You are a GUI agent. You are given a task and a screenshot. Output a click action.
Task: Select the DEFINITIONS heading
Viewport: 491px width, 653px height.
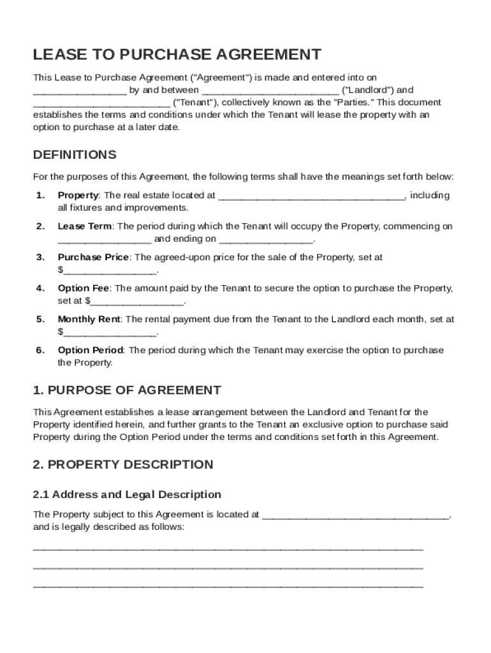(75, 155)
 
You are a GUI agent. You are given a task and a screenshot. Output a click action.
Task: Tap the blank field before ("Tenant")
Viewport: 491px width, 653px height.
(101, 103)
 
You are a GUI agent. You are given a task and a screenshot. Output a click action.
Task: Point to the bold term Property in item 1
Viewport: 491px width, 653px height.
(78, 195)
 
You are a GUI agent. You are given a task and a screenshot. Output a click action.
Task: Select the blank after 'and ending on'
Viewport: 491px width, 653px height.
(267, 240)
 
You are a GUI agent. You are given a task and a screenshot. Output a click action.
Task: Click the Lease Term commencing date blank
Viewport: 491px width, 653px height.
(105, 240)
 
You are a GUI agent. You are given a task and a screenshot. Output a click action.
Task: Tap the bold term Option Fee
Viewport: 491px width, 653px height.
(83, 288)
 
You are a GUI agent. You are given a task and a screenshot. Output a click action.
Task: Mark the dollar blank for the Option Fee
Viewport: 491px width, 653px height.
(137, 302)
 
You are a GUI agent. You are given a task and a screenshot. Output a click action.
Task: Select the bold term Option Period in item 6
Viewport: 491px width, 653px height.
(91, 350)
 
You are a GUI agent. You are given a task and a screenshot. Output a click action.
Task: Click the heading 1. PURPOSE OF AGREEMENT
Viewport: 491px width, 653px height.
(127, 390)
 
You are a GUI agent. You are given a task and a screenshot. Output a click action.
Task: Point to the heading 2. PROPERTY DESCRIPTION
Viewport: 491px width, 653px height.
(122, 464)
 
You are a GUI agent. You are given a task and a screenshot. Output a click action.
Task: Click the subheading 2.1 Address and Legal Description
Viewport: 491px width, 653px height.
(127, 494)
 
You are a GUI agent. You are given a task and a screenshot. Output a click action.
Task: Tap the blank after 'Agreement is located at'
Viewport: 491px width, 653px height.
(355, 515)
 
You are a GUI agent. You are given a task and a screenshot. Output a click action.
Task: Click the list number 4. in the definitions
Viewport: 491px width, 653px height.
(40, 288)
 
